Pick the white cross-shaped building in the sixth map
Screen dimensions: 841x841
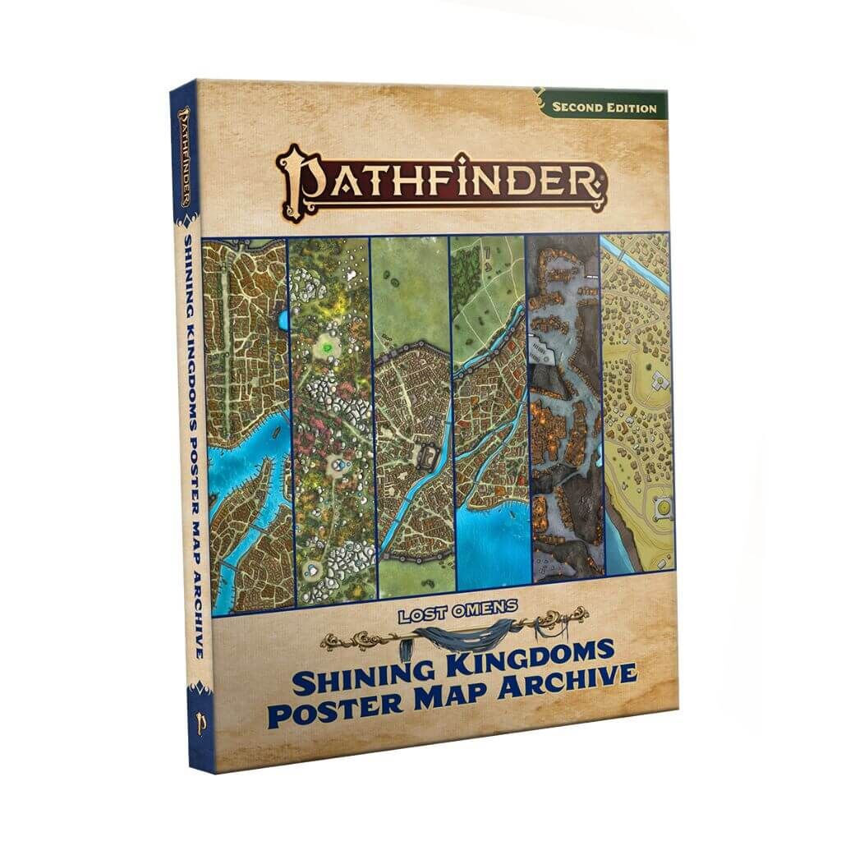(659, 380)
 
